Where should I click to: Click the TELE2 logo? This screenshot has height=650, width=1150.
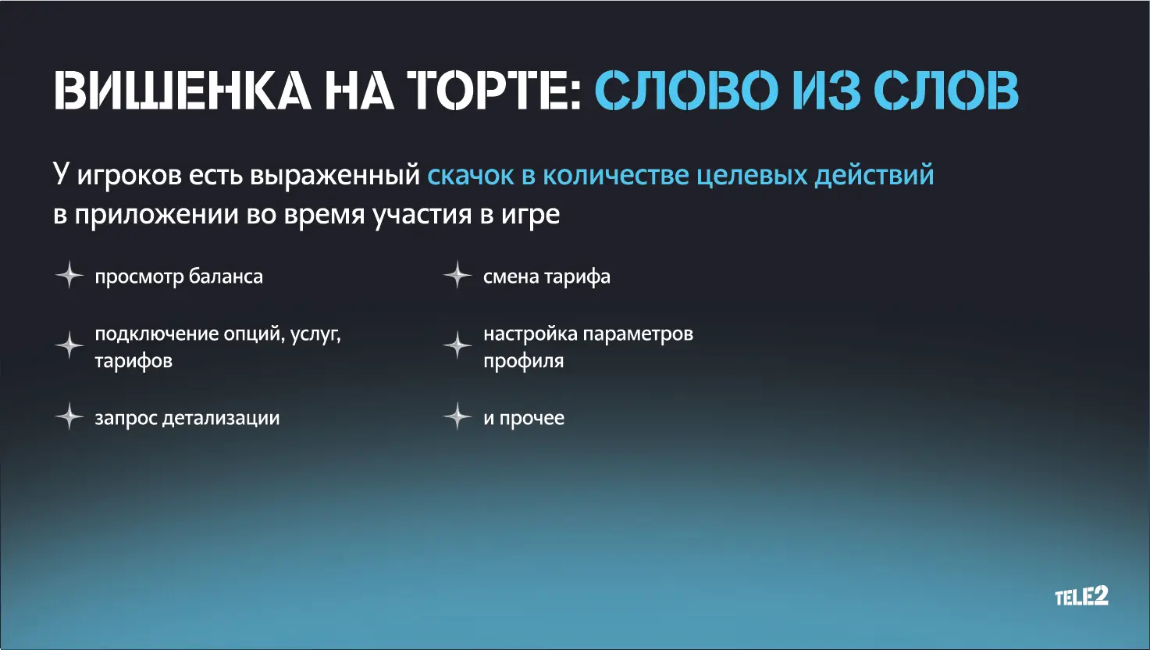tap(1082, 596)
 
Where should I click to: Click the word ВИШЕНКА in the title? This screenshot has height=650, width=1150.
tap(183, 90)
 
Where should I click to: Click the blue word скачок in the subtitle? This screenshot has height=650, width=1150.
tap(471, 175)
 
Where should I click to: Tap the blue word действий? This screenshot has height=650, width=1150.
tap(874, 175)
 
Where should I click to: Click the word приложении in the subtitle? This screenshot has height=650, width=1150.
tap(157, 214)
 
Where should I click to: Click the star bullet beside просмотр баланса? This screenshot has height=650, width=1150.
tap(69, 275)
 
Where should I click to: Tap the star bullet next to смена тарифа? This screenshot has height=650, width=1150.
tap(458, 275)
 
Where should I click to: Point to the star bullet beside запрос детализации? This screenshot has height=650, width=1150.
tap(69, 416)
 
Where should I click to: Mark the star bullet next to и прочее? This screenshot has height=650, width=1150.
tap(458, 416)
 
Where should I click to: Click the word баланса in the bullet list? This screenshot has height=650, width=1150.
tap(226, 277)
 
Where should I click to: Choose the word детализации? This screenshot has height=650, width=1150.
tap(221, 419)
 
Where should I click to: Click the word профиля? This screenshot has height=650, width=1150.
tap(524, 361)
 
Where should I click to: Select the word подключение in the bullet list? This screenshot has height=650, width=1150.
tap(157, 335)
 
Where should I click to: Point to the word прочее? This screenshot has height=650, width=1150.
tap(532, 419)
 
